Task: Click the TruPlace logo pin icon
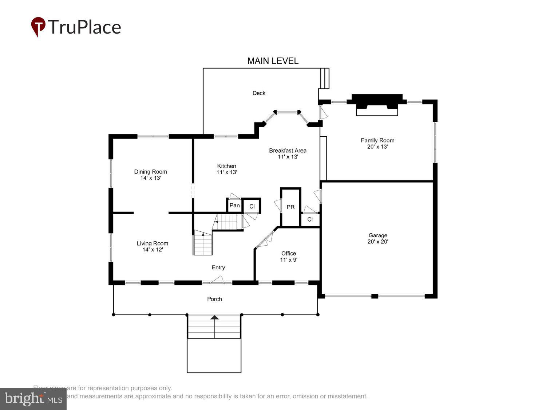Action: coord(38,26)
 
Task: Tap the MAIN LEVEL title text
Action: coord(273,61)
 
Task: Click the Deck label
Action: coord(259,93)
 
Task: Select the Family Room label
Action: coord(377,140)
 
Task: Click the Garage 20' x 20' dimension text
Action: coord(378,242)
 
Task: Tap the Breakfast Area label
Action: coord(288,151)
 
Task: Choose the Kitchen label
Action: coord(226,166)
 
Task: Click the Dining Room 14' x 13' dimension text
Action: coord(150,178)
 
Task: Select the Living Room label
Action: coord(152,243)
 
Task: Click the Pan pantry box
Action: coord(234,206)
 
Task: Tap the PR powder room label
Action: coord(290,207)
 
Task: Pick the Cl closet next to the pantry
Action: coord(252,207)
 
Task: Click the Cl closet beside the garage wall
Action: coord(310,219)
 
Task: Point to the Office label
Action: coord(288,253)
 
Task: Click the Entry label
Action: coord(218,268)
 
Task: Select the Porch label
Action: coord(214,299)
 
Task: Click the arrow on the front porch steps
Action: coord(215,318)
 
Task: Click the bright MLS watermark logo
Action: coord(33,399)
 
